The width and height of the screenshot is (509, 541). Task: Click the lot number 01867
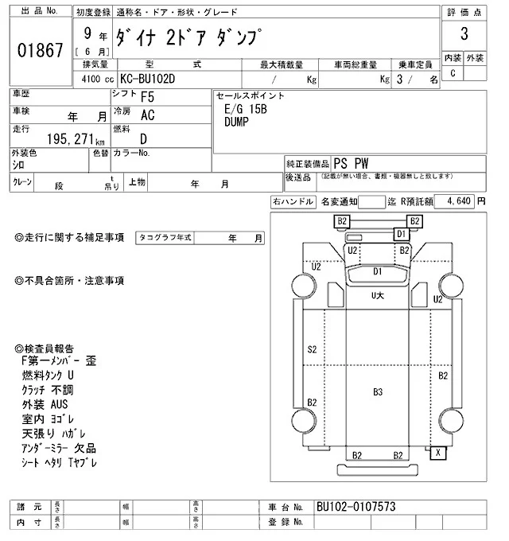point(39,52)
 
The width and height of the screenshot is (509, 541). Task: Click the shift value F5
point(147,97)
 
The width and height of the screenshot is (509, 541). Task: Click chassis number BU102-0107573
point(356,507)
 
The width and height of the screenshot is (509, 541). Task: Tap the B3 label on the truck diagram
point(378,391)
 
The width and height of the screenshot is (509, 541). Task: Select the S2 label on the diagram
point(312,349)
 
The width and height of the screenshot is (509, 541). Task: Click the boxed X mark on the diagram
point(437,453)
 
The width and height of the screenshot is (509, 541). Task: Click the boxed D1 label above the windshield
point(401,234)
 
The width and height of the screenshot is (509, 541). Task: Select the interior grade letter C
point(453,73)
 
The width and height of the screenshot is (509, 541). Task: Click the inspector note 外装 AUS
point(45,404)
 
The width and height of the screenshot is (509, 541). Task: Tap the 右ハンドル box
point(292,202)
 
